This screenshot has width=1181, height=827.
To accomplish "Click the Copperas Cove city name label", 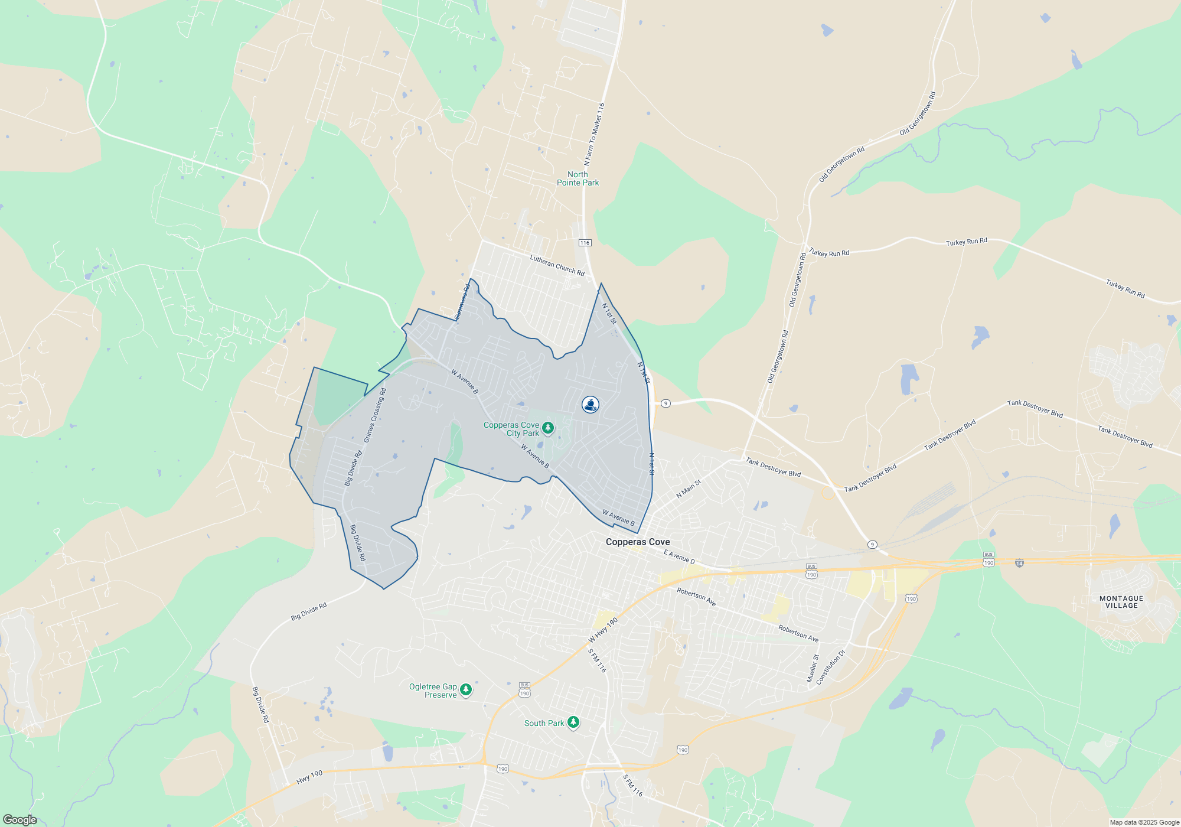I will pyautogui.click(x=638, y=542).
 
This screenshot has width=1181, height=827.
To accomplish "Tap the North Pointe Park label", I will pyautogui.click(x=578, y=178).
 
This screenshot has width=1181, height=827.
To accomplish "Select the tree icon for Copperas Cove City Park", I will pyautogui.click(x=548, y=428).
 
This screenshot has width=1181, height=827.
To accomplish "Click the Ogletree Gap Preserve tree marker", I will pyautogui.click(x=466, y=689).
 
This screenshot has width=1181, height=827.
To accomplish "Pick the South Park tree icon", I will pyautogui.click(x=573, y=722).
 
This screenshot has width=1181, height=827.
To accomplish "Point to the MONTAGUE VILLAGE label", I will pyautogui.click(x=1121, y=602).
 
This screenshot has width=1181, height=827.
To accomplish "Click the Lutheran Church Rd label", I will pyautogui.click(x=557, y=265).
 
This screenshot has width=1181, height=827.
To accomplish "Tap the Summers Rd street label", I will pyautogui.click(x=462, y=302).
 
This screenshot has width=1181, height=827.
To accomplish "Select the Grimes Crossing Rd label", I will pyautogui.click(x=374, y=415).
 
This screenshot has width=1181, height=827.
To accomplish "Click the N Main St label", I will pyautogui.click(x=689, y=489).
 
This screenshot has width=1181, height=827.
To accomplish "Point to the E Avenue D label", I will pyautogui.click(x=679, y=556).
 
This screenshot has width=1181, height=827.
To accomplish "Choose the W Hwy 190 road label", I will pyautogui.click(x=603, y=630).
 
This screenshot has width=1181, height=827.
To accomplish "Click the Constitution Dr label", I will pyautogui.click(x=830, y=667).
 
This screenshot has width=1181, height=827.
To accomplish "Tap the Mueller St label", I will pyautogui.click(x=813, y=668).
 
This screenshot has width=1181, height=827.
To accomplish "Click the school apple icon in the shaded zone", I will pyautogui.click(x=590, y=405).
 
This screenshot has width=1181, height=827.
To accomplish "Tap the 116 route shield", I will pyautogui.click(x=585, y=243).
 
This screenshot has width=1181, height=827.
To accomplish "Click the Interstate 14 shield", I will pyautogui.click(x=1019, y=563).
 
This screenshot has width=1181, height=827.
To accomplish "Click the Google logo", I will pyautogui.click(x=19, y=819).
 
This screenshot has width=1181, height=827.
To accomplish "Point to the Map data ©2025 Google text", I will pyautogui.click(x=1144, y=822).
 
